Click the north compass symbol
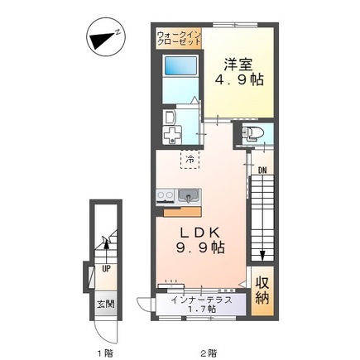pos(106,37)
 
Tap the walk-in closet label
pos(179,39)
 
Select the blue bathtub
pos(180,65)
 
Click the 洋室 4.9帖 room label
pos(239,72)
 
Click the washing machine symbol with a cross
pos(172,135)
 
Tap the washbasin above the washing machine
pos(169,117)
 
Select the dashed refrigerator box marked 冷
pos(190,159)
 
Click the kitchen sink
pos(190,196)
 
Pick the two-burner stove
pos(165,196)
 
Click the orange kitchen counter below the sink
pos(182,212)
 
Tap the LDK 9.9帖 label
pos(200,240)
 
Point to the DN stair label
pos(262,170)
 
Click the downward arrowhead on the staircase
pos(262,255)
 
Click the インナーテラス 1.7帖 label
pos(201,304)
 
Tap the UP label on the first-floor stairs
pos(106,269)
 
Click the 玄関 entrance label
pos(105,304)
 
